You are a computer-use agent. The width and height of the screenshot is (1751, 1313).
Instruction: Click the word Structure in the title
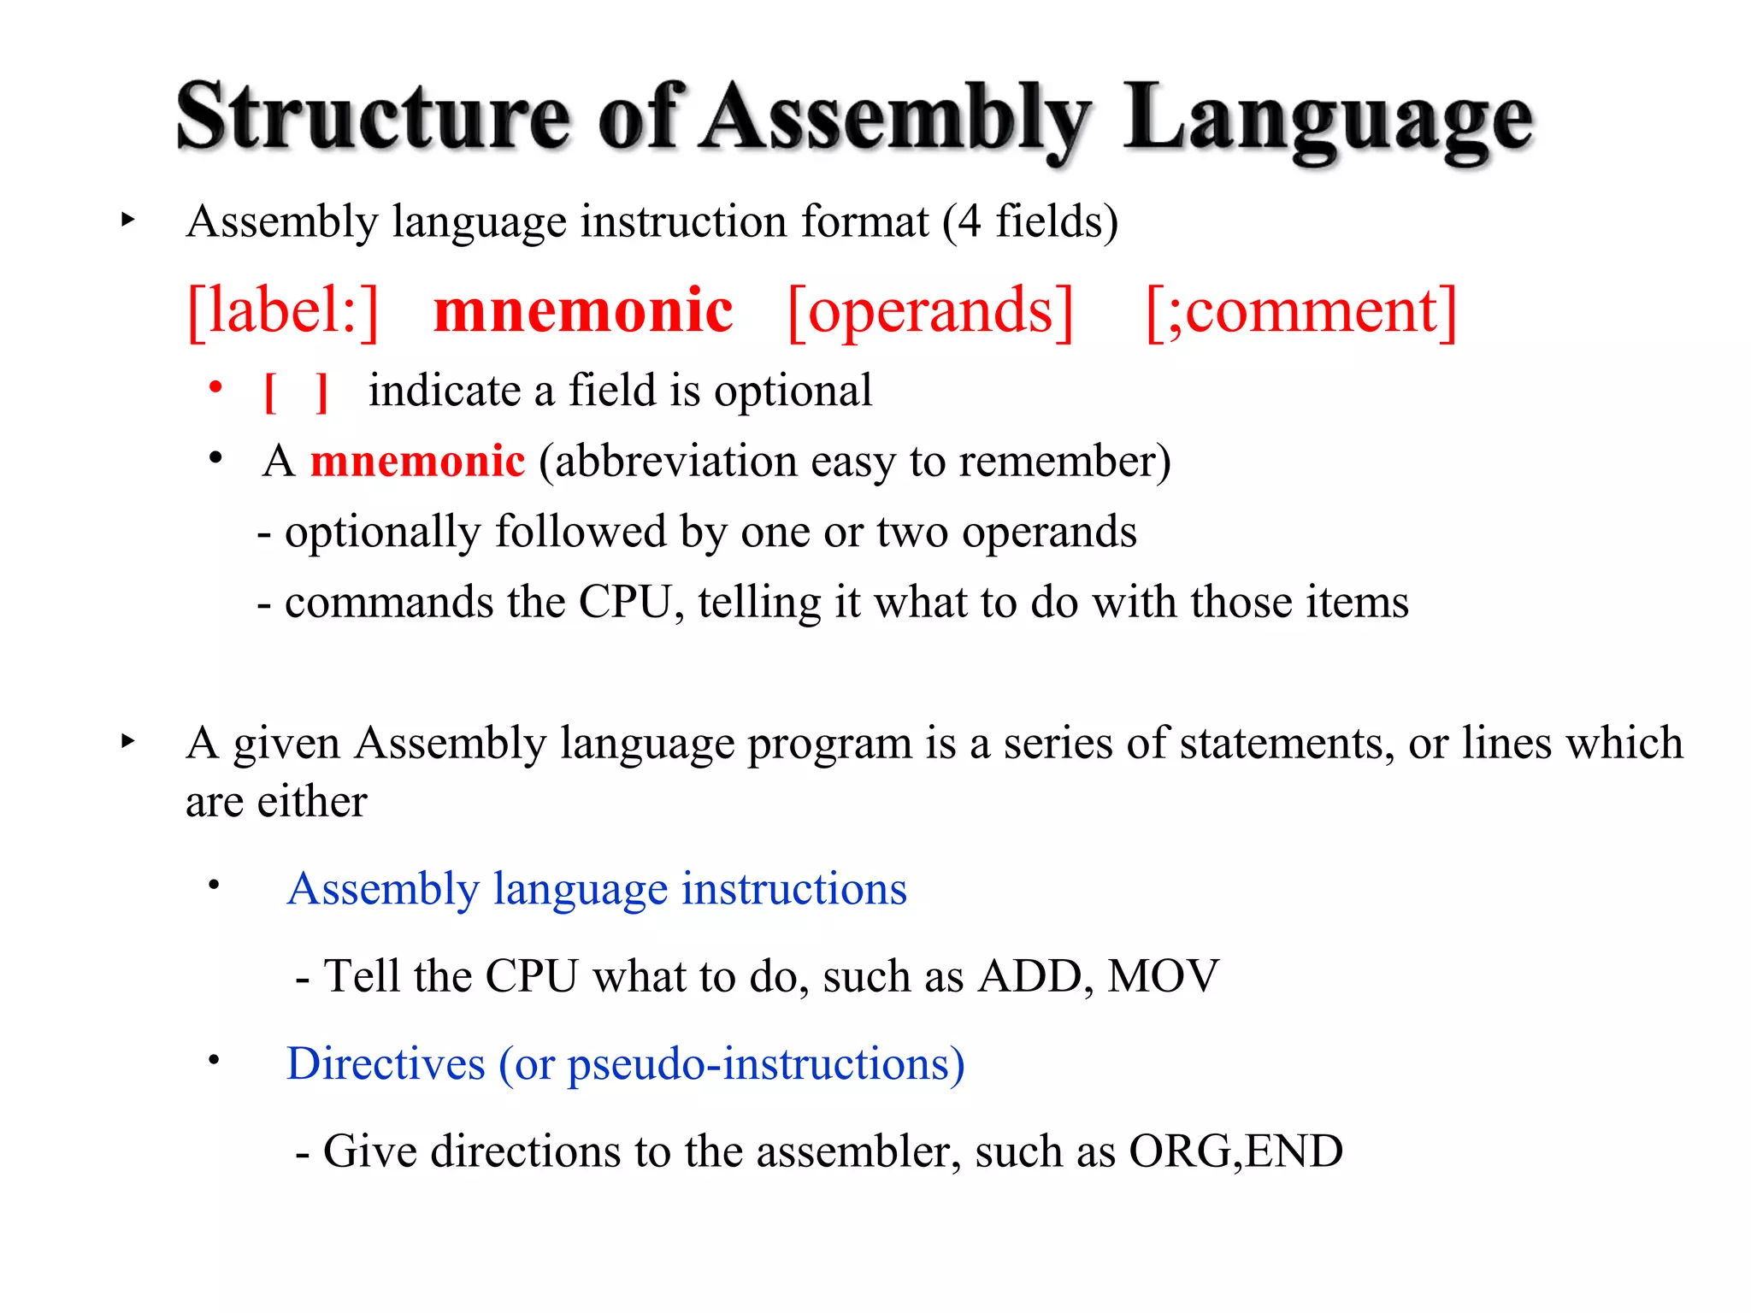373,118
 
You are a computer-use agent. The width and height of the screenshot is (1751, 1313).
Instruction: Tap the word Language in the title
1328,120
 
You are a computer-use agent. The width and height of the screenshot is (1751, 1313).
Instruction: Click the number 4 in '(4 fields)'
969,221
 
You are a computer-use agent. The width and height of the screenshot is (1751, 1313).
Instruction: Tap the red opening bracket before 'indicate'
270,392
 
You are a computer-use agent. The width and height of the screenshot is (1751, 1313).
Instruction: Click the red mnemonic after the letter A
417,462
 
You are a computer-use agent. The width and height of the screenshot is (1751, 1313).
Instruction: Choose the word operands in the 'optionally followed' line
1049,533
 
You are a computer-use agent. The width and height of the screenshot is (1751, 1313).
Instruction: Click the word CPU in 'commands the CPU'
627,602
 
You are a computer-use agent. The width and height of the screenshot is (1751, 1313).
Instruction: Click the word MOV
1163,976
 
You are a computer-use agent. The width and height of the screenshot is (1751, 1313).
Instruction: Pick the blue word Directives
386,1064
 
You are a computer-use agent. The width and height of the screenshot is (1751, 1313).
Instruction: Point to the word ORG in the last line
1182,1151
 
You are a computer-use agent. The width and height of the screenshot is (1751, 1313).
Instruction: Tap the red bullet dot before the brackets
216,387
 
